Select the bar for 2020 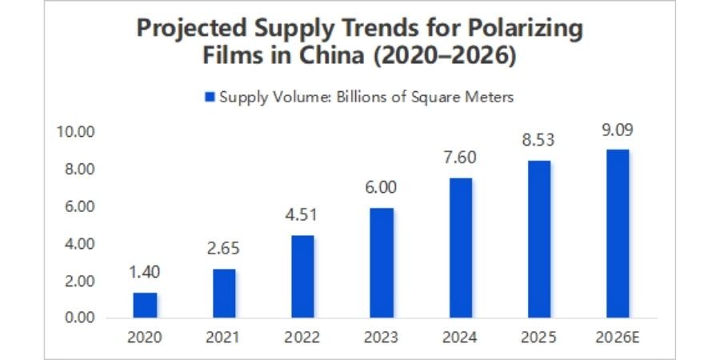click(x=145, y=305)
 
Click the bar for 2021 click(x=224, y=293)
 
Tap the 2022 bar click(x=302, y=276)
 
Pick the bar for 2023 click(x=382, y=262)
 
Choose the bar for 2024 click(x=461, y=247)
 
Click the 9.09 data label click(x=618, y=131)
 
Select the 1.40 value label click(x=145, y=273)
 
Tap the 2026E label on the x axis click(x=618, y=337)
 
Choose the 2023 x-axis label click(x=382, y=337)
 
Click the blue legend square click(x=210, y=97)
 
